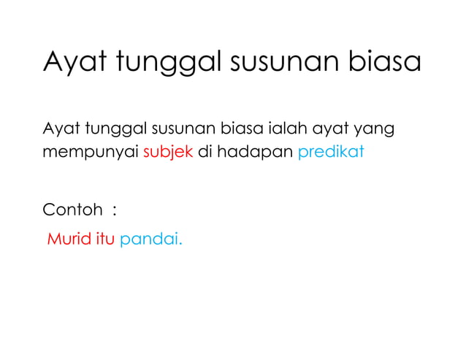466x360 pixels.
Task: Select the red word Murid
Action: [69, 239]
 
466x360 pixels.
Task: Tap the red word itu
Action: [105, 239]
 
